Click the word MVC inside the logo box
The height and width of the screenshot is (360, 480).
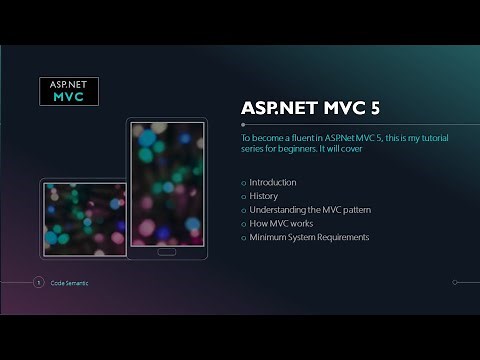[x=68, y=100]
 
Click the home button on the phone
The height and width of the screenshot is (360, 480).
[x=167, y=251]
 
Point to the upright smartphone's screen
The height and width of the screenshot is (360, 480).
[x=167, y=185]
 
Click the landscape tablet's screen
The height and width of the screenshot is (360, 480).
[x=84, y=218]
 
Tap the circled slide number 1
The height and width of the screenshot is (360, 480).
[x=38, y=283]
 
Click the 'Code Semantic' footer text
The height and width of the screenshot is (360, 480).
[x=69, y=283]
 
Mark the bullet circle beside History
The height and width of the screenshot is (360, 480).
[x=243, y=197]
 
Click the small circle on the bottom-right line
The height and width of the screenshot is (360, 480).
[x=455, y=282]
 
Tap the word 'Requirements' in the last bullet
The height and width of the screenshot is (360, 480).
[x=343, y=237]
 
